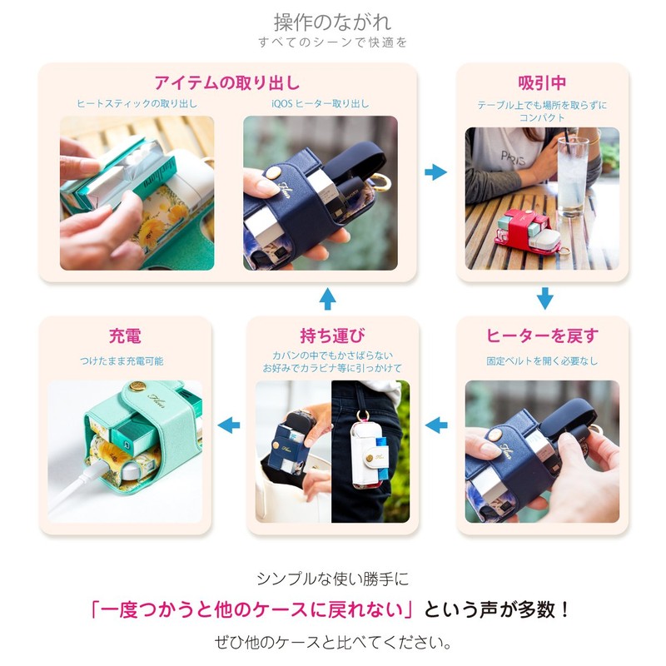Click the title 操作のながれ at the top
tap(332, 21)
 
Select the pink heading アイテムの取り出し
tap(226, 82)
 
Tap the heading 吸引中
tap(542, 82)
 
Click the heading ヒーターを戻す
tap(542, 336)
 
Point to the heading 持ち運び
tap(331, 336)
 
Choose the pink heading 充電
tap(125, 336)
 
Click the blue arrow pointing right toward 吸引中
tap(435, 172)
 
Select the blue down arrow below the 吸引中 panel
tap(544, 297)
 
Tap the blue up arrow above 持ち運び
tap(328, 298)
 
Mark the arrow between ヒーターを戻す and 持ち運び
tap(435, 425)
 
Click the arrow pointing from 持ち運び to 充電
tap(228, 425)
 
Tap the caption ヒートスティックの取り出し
tap(137, 104)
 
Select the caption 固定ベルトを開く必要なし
tap(542, 361)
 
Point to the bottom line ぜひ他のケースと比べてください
tap(332, 643)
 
